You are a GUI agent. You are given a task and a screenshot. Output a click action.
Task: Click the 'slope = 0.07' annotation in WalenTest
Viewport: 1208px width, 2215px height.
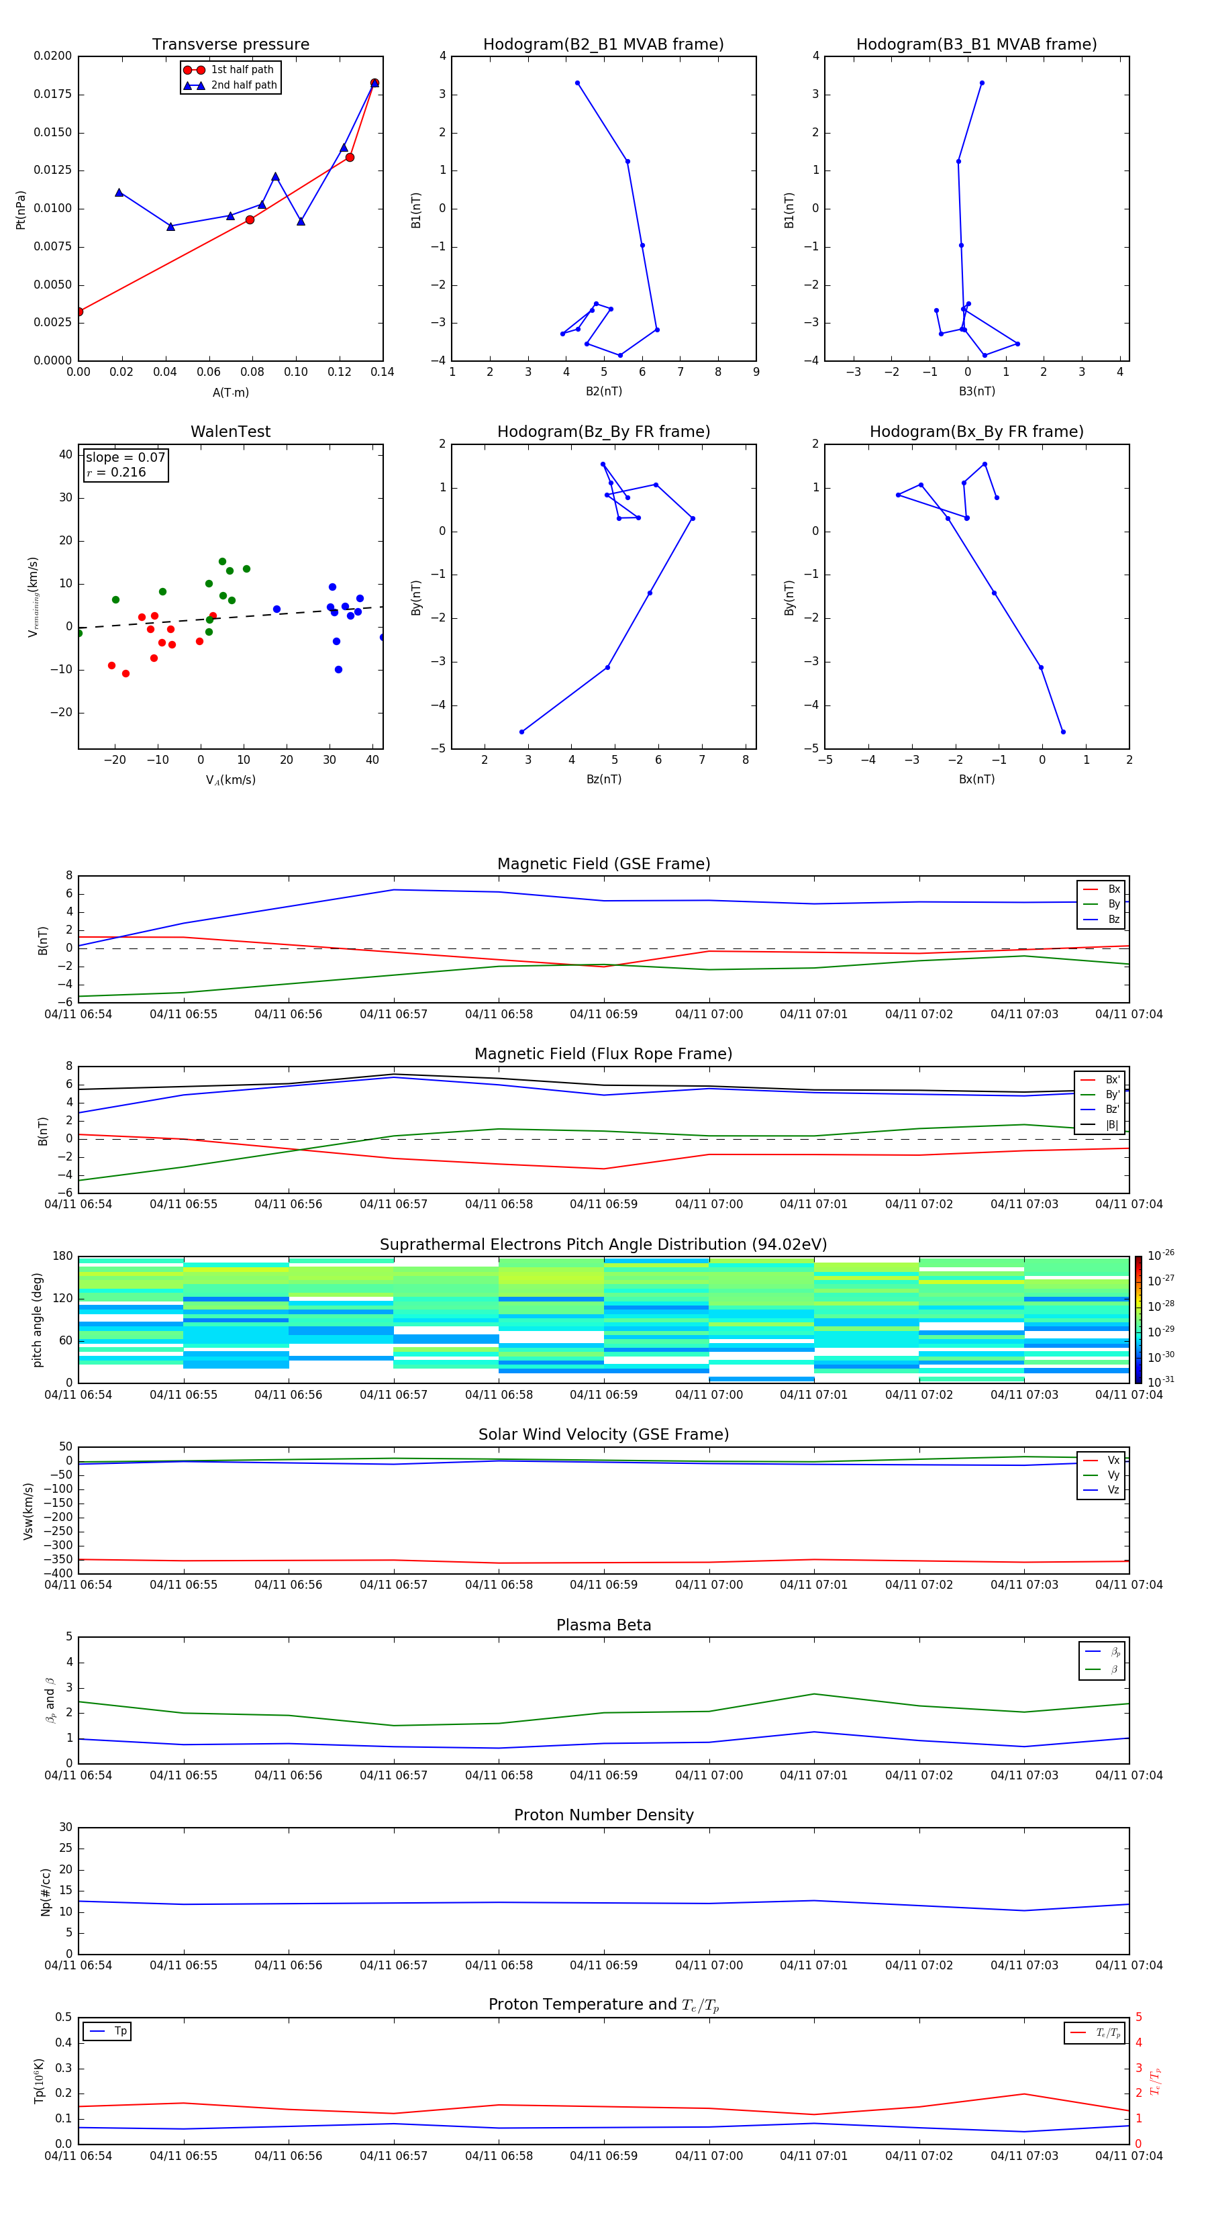point(125,458)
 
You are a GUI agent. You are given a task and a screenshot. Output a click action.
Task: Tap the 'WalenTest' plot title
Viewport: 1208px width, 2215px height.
point(230,432)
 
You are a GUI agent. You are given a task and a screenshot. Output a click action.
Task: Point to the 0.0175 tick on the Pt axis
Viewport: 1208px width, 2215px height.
point(52,94)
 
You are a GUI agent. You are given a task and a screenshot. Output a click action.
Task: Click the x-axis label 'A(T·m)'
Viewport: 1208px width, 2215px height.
point(230,393)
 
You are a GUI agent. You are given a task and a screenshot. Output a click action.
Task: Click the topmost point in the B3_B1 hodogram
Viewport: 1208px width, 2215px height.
point(982,83)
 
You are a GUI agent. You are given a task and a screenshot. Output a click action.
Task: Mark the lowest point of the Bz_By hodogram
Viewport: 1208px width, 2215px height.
point(522,732)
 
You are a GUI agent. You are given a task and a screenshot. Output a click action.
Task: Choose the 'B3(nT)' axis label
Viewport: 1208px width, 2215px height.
point(976,391)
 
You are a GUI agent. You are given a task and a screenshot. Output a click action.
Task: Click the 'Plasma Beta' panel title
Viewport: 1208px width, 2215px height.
point(603,1625)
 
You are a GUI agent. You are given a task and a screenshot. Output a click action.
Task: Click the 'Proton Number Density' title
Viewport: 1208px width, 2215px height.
point(603,1815)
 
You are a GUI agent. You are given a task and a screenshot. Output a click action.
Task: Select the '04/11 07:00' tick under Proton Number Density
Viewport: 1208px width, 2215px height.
point(709,1965)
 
